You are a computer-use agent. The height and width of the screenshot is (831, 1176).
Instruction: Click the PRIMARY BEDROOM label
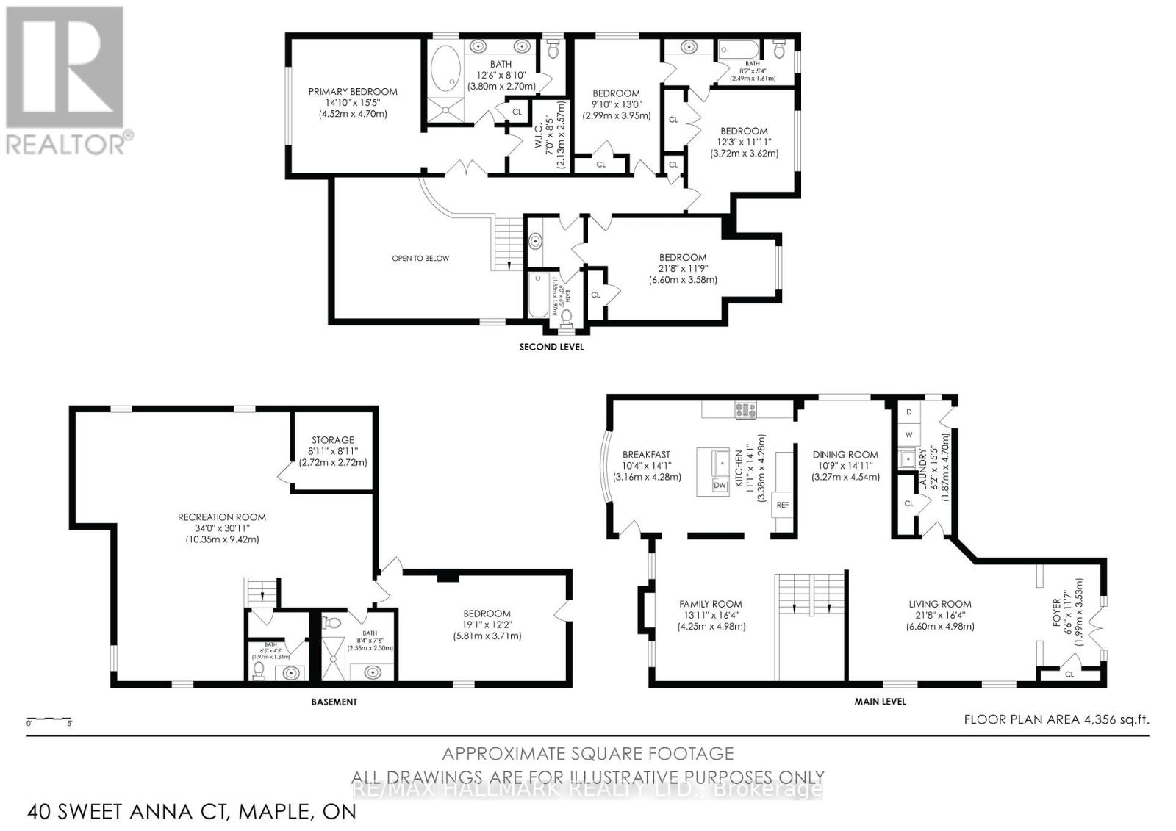(x=352, y=92)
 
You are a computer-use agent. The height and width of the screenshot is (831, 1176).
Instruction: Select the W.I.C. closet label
(x=539, y=137)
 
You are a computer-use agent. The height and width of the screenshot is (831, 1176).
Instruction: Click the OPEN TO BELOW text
(x=420, y=259)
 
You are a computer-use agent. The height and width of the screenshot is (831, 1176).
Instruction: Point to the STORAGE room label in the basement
(x=332, y=440)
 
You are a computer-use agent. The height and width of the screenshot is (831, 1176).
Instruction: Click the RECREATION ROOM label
(x=222, y=517)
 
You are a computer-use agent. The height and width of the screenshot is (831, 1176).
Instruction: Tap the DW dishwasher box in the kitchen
(x=719, y=486)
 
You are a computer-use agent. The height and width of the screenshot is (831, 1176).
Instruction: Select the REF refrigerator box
(x=782, y=506)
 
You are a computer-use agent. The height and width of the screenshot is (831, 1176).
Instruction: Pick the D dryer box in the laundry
(x=908, y=412)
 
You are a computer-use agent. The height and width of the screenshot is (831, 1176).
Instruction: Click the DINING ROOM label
(x=845, y=455)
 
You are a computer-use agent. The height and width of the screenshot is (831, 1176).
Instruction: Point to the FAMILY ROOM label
(x=711, y=604)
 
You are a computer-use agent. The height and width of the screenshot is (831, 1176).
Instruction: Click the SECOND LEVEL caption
(x=551, y=347)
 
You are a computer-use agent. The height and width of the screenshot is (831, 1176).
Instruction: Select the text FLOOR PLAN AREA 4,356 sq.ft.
(x=1055, y=720)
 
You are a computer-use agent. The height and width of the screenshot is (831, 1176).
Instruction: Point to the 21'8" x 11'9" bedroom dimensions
(x=683, y=269)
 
